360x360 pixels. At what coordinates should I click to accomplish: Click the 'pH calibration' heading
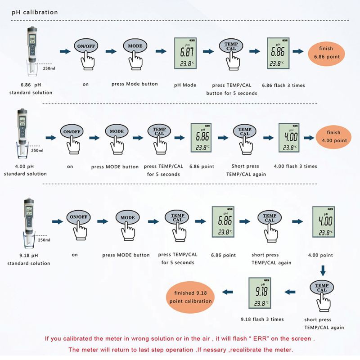pos(35,12)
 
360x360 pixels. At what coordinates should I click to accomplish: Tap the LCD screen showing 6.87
pos(185,54)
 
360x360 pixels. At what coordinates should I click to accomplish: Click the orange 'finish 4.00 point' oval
pos(333,137)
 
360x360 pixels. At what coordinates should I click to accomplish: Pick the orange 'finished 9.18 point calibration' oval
pos(190,297)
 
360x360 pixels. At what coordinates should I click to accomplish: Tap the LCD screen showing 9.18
pos(260,293)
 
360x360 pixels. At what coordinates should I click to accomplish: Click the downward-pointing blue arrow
pos(323,271)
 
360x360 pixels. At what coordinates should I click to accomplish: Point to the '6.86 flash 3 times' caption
pos(283,85)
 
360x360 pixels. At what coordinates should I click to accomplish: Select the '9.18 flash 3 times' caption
pos(262,319)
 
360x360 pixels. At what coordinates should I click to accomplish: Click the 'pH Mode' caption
pos(185,85)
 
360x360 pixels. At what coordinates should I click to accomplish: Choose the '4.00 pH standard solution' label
pos(25,170)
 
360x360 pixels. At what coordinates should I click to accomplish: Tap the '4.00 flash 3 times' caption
pos(296,166)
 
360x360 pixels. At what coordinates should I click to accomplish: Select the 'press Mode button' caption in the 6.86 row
pos(135,84)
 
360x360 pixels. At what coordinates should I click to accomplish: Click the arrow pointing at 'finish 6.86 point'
pos(298,51)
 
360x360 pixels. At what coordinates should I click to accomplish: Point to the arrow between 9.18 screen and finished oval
pos(228,292)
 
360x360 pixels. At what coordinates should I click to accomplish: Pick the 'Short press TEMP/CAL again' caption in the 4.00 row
pos(246,170)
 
